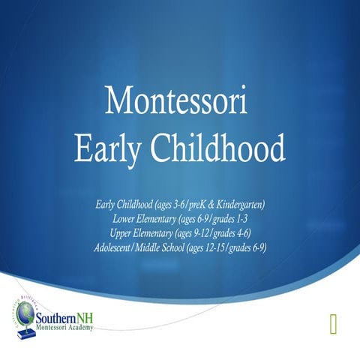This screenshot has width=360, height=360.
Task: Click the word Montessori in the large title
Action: click(178, 100)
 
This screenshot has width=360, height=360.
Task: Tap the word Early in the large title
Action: click(106, 148)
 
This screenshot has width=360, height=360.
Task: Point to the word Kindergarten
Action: click(238, 204)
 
